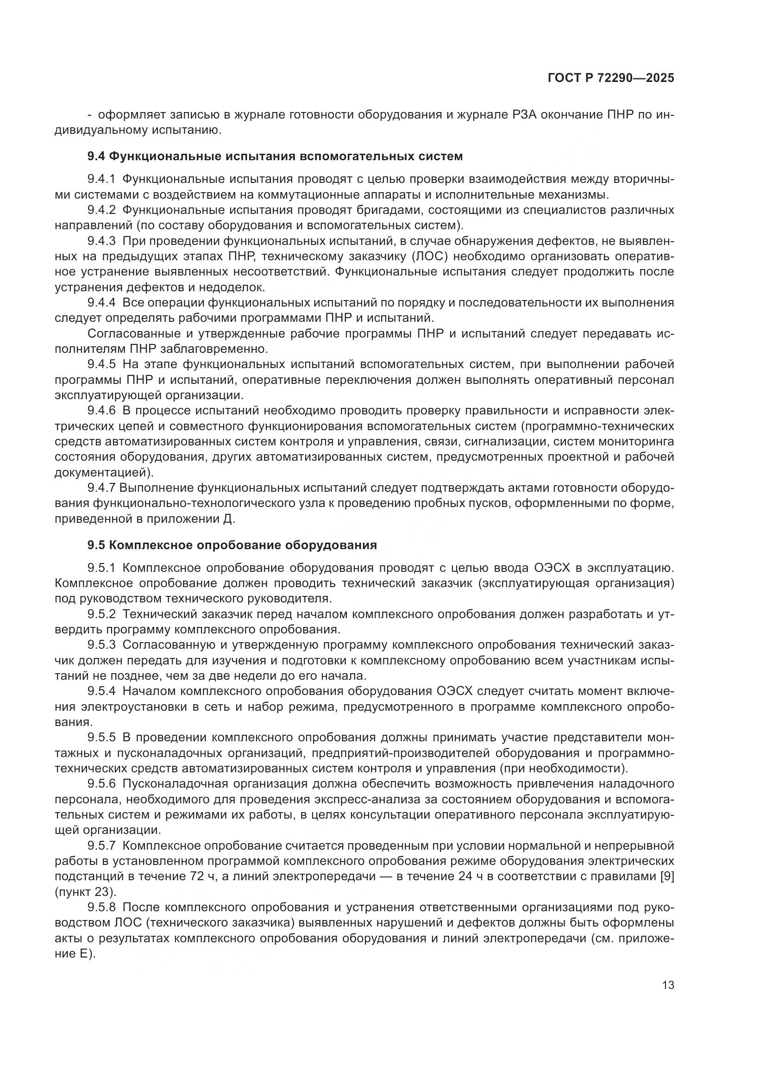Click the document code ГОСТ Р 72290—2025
(x=611, y=78)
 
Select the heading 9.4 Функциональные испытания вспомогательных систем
(x=275, y=156)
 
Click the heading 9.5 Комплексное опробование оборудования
(x=232, y=545)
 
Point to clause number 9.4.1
(x=101, y=179)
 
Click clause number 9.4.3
(x=101, y=241)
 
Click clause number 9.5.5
(x=101, y=737)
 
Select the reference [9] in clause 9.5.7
(x=666, y=876)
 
